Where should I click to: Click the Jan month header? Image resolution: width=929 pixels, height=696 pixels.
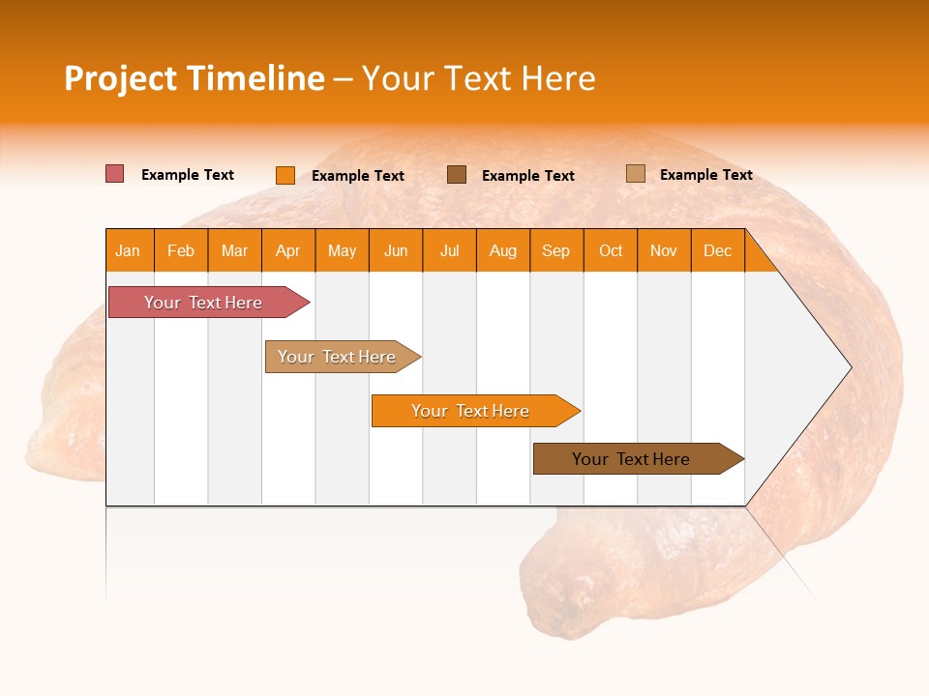click(x=128, y=251)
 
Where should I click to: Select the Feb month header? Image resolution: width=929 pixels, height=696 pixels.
click(x=181, y=251)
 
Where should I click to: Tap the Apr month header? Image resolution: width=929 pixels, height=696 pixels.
click(x=288, y=251)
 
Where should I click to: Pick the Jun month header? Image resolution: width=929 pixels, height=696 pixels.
click(x=396, y=251)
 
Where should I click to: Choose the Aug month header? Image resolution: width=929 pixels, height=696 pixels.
click(x=503, y=251)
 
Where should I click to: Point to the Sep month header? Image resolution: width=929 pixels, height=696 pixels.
click(x=556, y=251)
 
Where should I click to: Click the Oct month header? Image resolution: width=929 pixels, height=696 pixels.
click(x=611, y=251)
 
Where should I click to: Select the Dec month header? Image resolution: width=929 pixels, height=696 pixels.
click(x=718, y=251)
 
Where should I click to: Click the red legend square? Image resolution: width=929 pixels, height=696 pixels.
click(x=114, y=174)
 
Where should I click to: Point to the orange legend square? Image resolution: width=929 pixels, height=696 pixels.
click(x=285, y=175)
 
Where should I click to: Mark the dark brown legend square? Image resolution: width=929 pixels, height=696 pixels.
click(x=457, y=175)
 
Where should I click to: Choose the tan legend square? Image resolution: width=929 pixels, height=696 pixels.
click(x=635, y=174)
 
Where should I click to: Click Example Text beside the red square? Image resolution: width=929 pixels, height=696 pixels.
click(x=188, y=175)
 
